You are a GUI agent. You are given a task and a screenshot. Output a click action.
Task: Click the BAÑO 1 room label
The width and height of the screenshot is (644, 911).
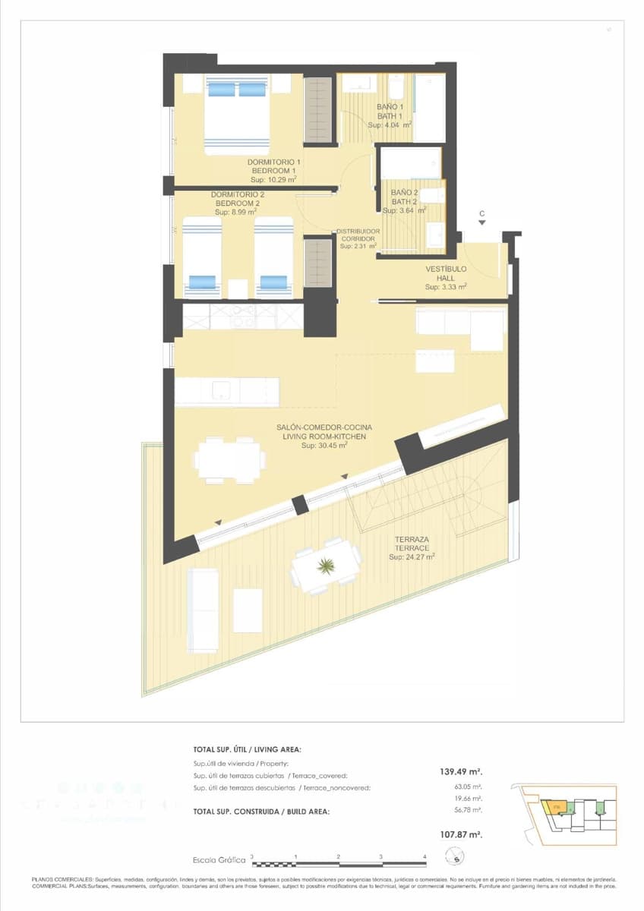390,107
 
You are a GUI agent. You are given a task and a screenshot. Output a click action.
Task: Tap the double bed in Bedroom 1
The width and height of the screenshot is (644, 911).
237,114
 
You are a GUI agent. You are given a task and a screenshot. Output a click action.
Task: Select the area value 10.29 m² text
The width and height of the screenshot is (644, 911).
274,180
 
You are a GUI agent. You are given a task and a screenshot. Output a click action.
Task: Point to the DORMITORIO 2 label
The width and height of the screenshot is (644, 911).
237,195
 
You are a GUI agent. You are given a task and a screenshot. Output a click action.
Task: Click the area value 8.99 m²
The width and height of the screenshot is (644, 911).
236,213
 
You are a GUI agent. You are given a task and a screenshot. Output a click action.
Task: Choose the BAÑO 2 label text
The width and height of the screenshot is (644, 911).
404,193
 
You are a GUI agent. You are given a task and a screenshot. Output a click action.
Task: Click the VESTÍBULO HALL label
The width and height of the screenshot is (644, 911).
446,270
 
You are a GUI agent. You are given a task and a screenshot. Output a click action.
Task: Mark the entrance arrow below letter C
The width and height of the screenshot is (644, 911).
481,223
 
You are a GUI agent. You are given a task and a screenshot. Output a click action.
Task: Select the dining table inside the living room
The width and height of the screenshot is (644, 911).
229,460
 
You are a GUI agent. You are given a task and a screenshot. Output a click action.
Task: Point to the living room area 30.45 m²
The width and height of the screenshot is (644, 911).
324,446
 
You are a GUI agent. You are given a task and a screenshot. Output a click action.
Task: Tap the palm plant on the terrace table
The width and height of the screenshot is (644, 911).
327,565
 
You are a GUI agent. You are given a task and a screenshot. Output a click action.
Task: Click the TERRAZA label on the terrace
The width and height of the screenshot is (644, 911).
412,540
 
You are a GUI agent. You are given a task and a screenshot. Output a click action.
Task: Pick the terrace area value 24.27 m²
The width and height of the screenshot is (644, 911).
412,556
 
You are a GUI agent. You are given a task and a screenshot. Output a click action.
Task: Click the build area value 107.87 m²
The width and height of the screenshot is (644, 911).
462,834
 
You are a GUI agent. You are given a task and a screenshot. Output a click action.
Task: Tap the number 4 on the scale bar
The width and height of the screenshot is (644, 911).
425,856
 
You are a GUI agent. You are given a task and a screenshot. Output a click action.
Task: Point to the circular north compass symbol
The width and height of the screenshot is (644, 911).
455,859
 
